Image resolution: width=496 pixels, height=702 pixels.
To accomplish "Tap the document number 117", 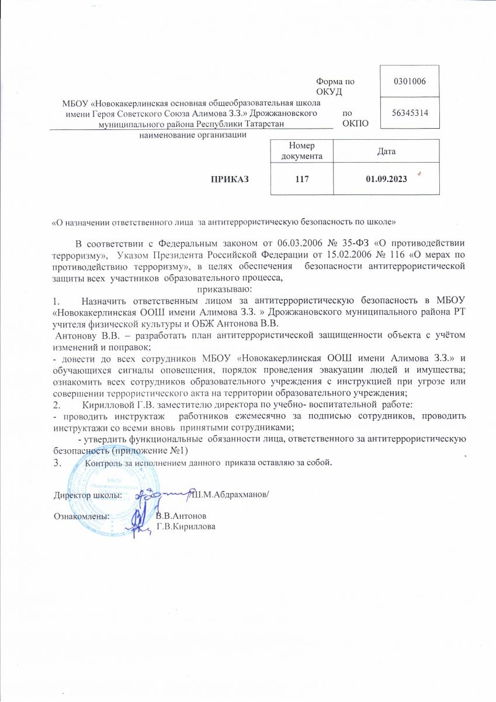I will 301,179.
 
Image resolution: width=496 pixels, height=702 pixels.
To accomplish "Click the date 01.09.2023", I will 386,179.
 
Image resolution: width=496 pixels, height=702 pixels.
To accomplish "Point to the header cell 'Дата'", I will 386,151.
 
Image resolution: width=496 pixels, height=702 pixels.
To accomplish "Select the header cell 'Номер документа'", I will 301,151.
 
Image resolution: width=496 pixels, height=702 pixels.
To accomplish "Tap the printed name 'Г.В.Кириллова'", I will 185,527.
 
